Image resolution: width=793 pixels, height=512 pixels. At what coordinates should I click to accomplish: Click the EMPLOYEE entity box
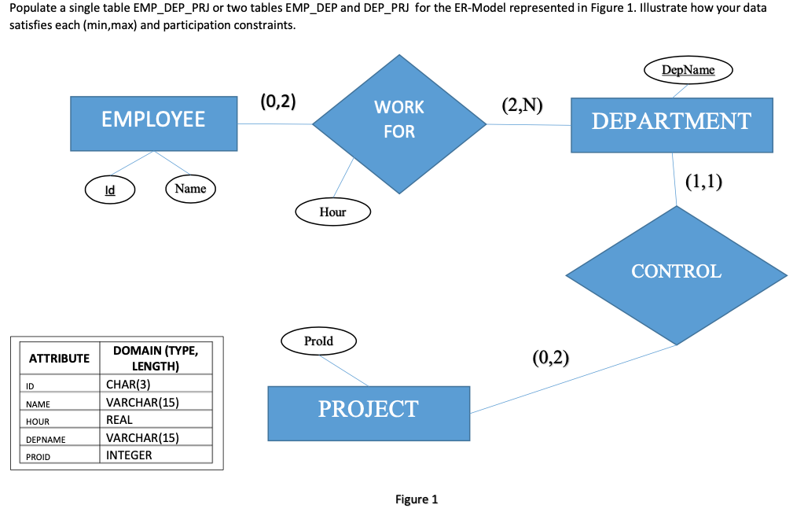(153, 120)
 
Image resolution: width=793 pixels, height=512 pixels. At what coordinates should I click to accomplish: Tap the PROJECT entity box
(368, 409)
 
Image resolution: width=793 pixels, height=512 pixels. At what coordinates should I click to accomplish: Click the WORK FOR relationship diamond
(399, 123)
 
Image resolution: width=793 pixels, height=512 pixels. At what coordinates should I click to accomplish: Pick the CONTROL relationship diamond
(676, 272)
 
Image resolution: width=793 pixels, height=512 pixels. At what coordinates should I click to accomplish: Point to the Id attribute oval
(110, 190)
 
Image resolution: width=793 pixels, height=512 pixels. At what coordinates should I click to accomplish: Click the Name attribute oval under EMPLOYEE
(190, 189)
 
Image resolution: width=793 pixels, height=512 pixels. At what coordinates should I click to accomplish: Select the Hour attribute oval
(332, 212)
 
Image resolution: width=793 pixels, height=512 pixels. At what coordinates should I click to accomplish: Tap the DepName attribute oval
(688, 70)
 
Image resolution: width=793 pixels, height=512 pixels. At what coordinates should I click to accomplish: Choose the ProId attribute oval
(318, 341)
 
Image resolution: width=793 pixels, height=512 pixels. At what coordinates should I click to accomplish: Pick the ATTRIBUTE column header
(59, 359)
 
